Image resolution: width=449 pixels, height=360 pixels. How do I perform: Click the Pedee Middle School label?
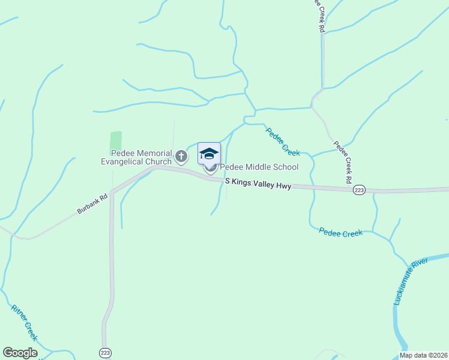259,167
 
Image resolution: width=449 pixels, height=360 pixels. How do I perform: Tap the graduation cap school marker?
209,154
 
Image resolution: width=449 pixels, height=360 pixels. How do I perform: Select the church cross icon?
181,157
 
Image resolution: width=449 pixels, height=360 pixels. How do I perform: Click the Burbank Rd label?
92,203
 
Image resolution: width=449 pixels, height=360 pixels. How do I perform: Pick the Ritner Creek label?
23,323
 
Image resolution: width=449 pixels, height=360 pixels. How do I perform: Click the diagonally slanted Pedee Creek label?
283,142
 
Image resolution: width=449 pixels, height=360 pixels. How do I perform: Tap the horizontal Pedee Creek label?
341,232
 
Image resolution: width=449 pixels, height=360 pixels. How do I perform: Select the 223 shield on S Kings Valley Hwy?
359,190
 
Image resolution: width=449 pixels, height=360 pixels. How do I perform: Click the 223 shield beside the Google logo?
105,353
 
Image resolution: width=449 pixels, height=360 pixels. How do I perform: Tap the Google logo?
20,353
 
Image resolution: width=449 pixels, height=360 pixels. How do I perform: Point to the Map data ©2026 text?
423,355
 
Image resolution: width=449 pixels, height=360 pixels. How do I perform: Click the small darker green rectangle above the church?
116,141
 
